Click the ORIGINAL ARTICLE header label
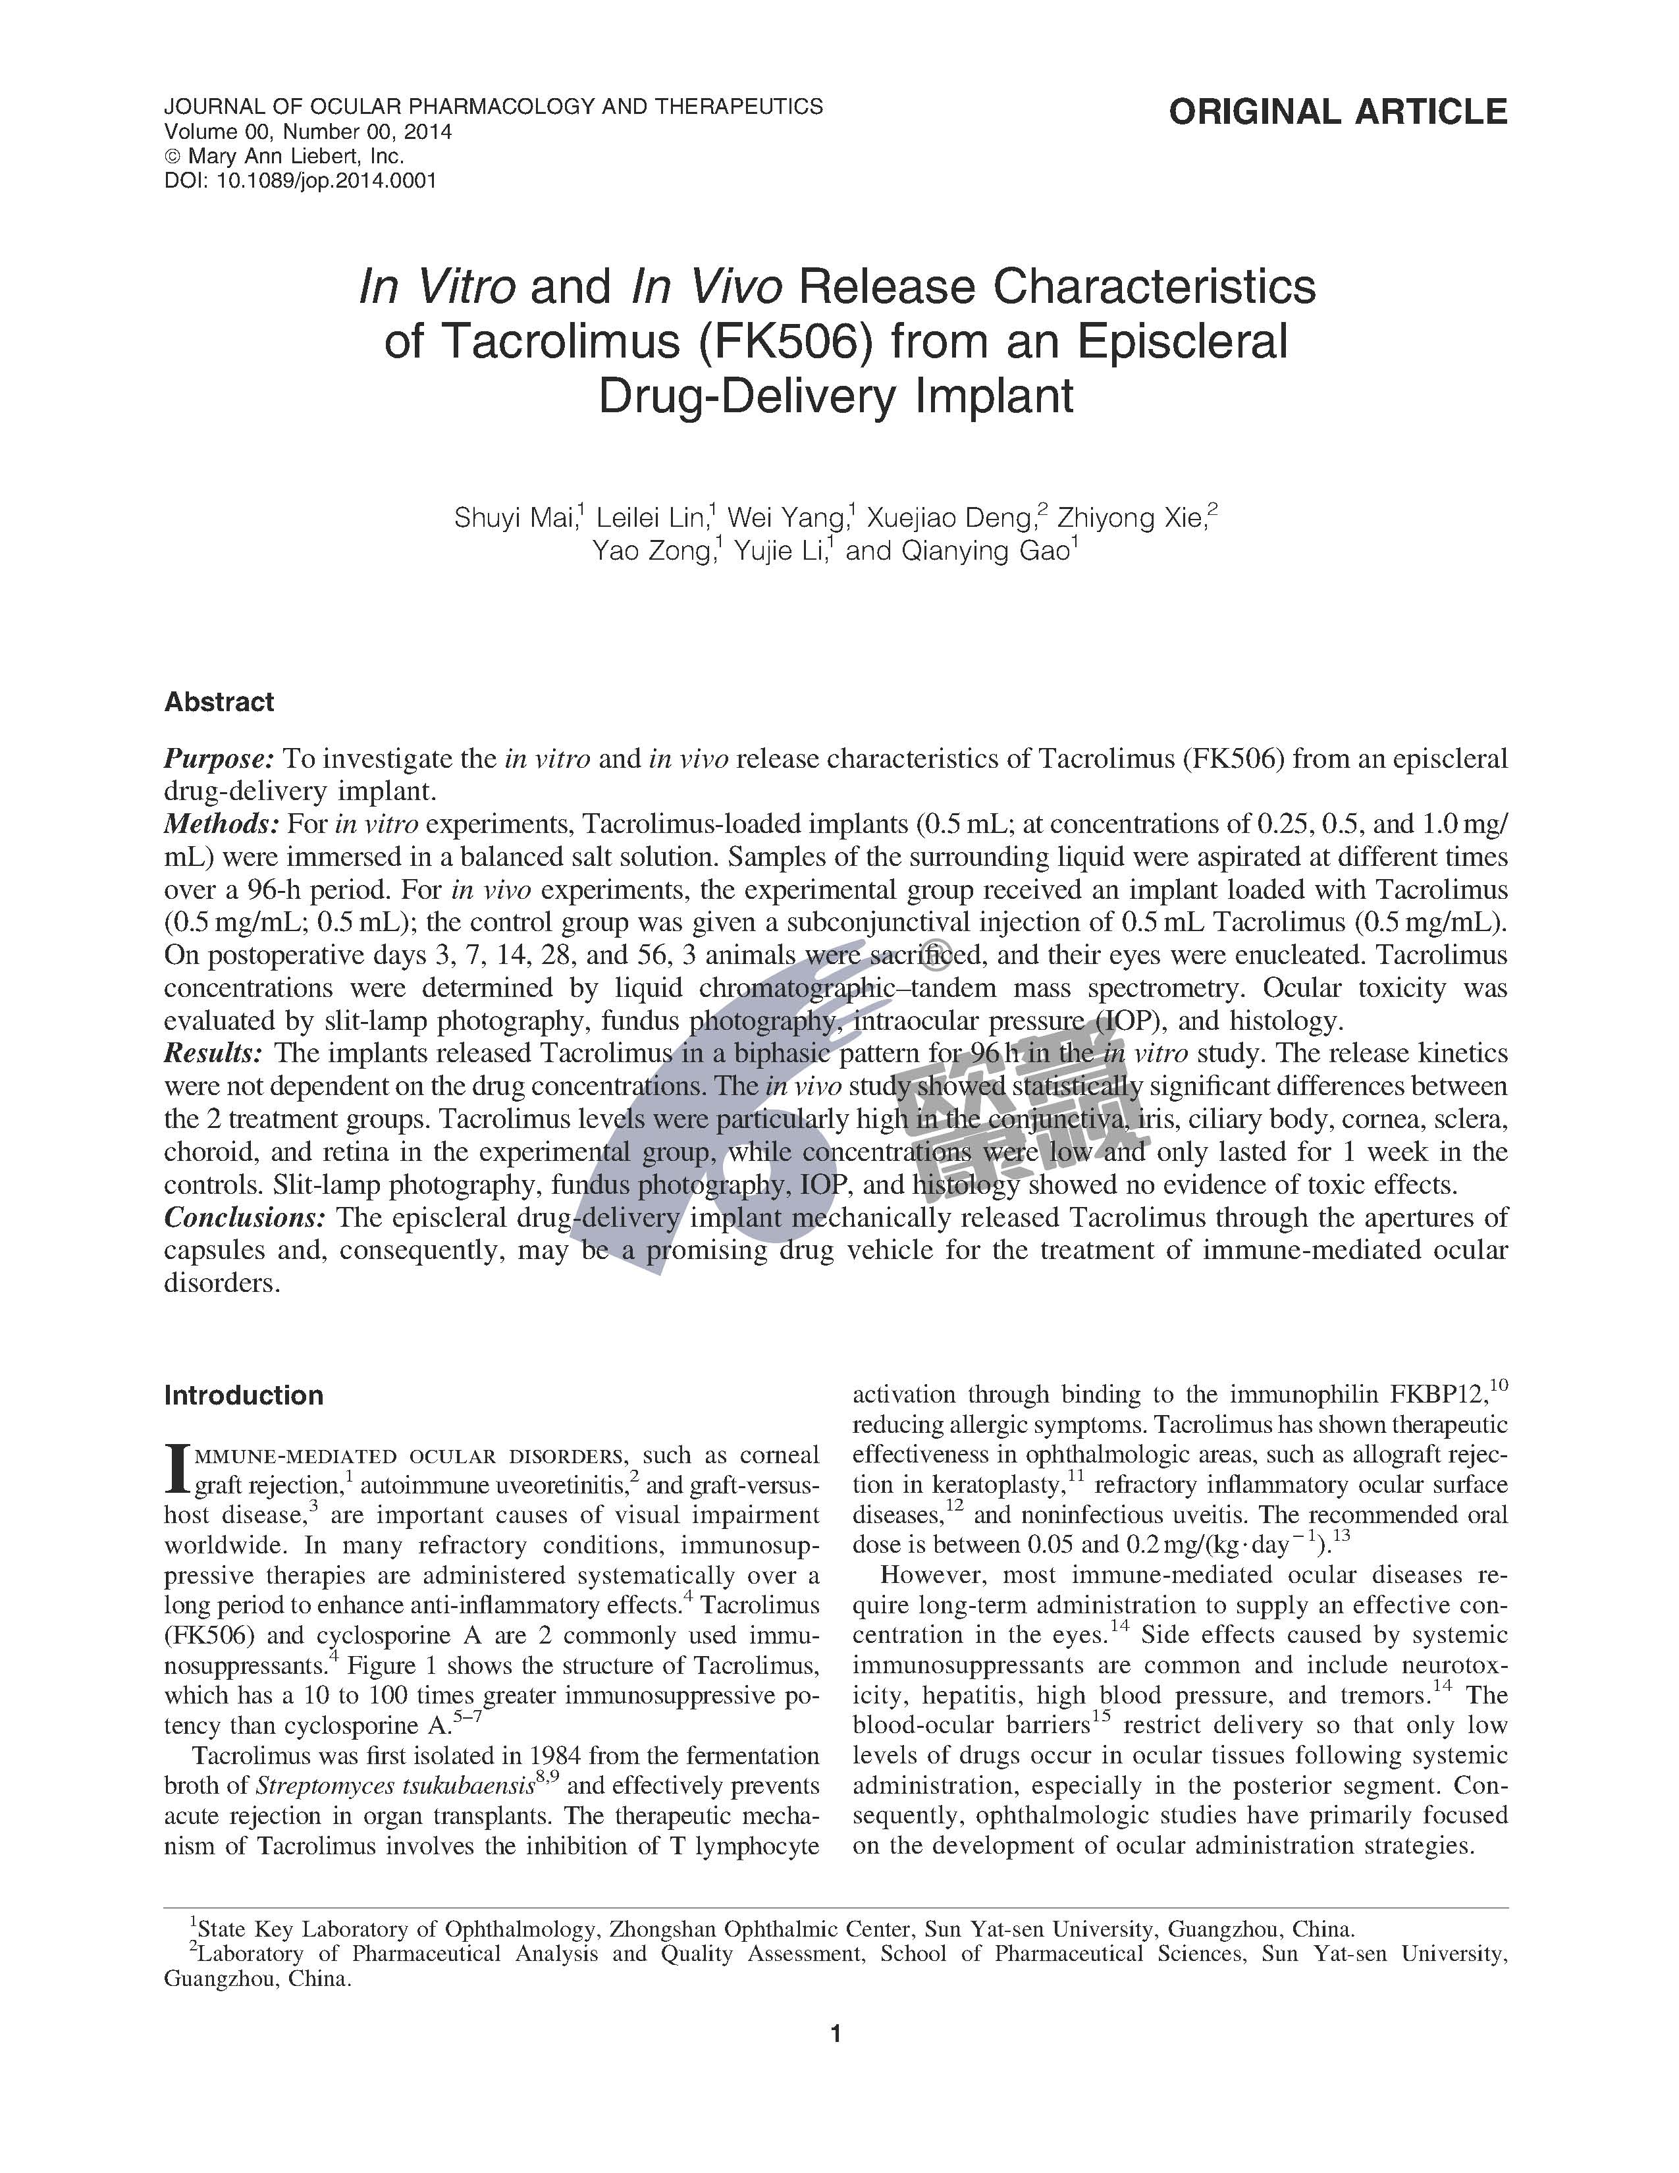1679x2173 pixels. click(1338, 111)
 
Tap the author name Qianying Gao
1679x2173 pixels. click(985, 551)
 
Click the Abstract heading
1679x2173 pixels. click(219, 703)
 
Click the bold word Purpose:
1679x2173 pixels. click(219, 759)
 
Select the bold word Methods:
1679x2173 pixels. click(221, 825)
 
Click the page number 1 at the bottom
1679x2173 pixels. click(836, 2033)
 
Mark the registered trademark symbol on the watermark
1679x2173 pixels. click(933, 958)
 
